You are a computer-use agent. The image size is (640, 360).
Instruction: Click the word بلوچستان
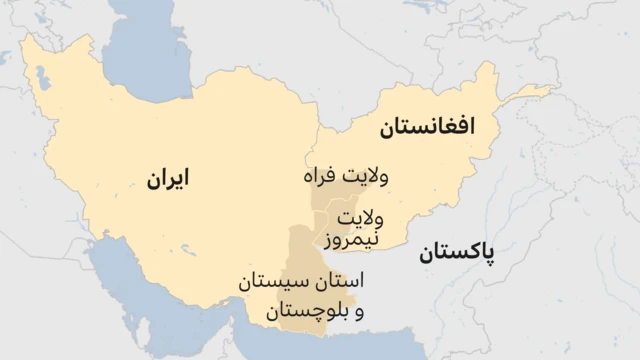303,312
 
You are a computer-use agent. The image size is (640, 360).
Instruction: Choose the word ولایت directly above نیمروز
360,217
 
